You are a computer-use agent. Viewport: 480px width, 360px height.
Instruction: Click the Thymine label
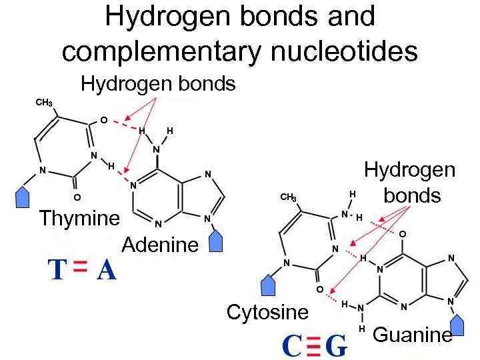[79, 218]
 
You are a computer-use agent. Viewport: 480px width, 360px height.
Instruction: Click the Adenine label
[160, 245]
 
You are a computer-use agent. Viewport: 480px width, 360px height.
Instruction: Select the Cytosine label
[267, 311]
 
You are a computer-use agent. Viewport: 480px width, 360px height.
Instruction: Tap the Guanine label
[412, 335]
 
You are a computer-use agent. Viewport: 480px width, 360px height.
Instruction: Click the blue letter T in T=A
[57, 269]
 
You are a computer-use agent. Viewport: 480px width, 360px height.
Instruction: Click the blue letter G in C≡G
[339, 346]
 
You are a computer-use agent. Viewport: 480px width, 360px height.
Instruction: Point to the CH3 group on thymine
[43, 103]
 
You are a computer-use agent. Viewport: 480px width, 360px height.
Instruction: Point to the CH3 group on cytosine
[288, 197]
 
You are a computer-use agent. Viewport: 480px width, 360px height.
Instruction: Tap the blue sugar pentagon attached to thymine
[23, 197]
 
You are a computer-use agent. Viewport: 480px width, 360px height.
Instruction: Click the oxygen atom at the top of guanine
[401, 234]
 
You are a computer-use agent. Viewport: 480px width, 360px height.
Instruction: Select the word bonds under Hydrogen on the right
[413, 195]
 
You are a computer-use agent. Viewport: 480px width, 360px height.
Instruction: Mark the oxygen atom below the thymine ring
[77, 198]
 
